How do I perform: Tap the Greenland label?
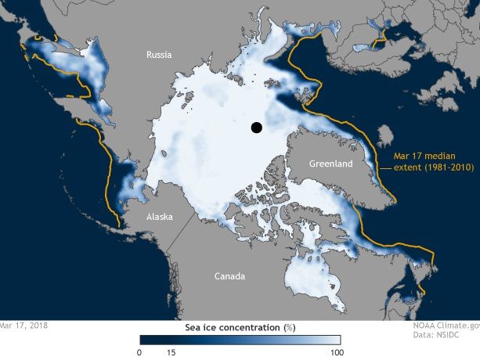[x=330, y=164]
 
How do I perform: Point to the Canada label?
[x=230, y=276]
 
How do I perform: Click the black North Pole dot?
[x=255, y=128]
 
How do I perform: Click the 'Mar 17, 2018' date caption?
[x=23, y=324]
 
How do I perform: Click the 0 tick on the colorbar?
[x=139, y=353]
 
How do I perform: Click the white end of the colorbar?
[x=335, y=340]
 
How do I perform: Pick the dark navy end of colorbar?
[x=145, y=340]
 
